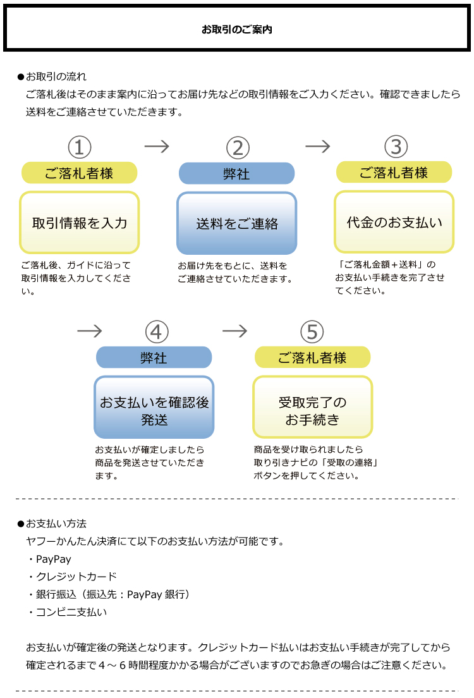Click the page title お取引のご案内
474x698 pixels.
(237, 30)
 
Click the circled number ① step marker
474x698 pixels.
(80, 147)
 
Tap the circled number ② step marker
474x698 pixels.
(238, 147)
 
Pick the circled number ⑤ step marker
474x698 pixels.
(312, 331)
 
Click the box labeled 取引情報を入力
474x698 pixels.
(80, 223)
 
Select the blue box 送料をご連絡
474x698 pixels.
(237, 223)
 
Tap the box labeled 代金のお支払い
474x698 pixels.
(394, 222)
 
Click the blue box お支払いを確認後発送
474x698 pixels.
(154, 407)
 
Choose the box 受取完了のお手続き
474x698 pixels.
(312, 407)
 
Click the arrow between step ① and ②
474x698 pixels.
(157, 147)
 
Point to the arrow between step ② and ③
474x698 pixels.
(318, 147)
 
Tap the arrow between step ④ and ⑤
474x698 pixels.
(234, 331)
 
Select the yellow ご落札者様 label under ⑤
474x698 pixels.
(312, 357)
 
